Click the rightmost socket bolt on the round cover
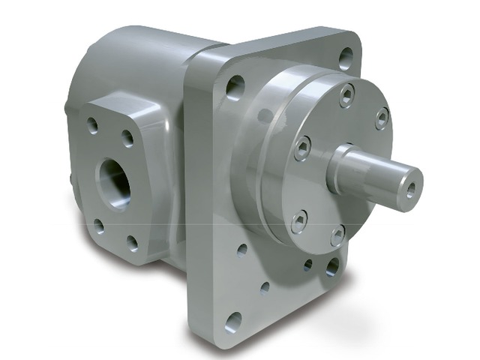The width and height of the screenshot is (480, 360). click(x=382, y=117)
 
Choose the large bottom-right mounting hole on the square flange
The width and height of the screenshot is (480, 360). click(x=331, y=267)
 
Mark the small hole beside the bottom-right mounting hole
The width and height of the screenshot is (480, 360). click(x=307, y=265)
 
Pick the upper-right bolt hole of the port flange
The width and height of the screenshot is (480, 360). click(x=127, y=139)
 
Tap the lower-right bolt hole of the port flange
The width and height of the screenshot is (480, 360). click(x=133, y=243)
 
